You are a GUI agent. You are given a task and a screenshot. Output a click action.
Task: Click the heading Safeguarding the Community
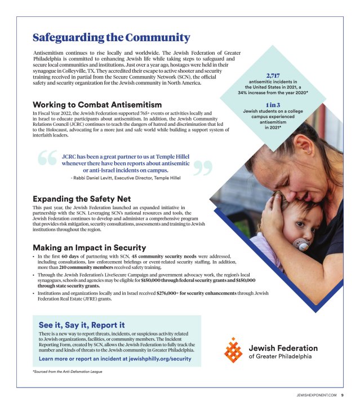[112, 38]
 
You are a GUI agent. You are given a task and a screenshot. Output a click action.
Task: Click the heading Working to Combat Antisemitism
[97, 105]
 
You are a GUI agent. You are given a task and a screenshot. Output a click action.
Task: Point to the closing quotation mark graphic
[206, 167]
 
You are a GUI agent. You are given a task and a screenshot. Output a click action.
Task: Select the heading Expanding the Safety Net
[82, 199]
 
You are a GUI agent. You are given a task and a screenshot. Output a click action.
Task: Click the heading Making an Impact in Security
[89, 248]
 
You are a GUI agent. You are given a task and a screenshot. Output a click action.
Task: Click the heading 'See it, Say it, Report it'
[82, 325]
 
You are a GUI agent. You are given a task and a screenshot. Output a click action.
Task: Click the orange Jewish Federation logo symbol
[233, 350]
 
